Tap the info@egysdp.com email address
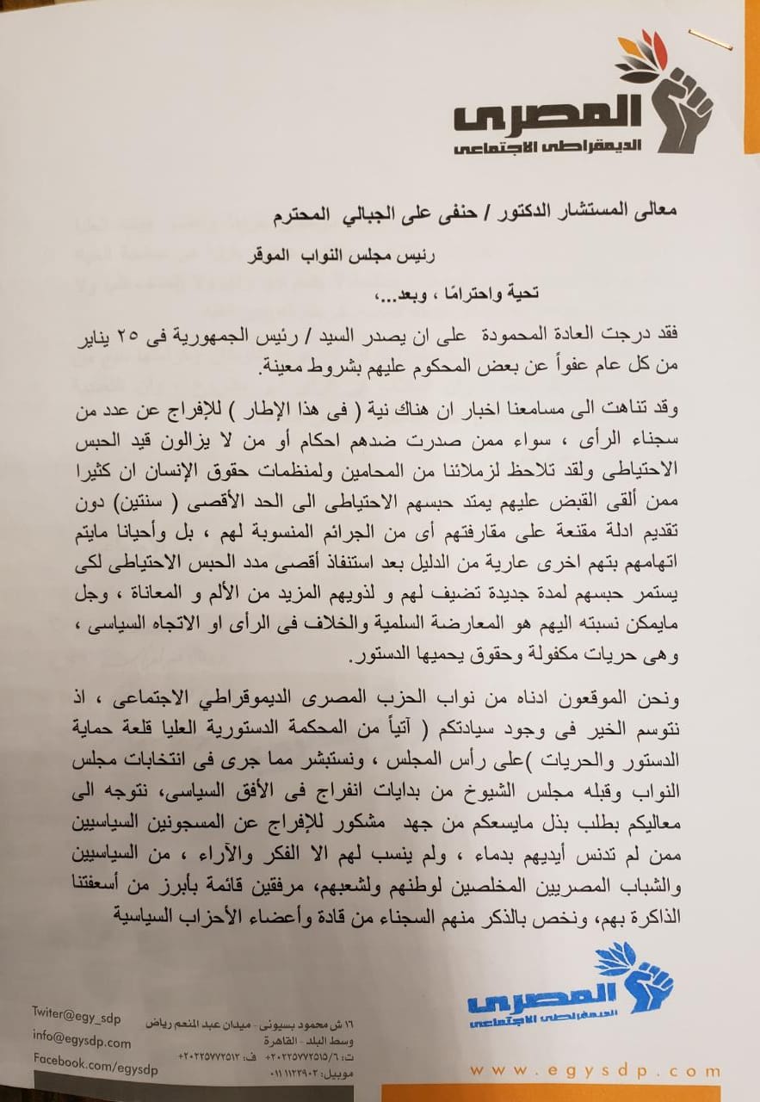[x=82, y=1042]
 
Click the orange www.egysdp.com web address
[x=593, y=1072]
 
